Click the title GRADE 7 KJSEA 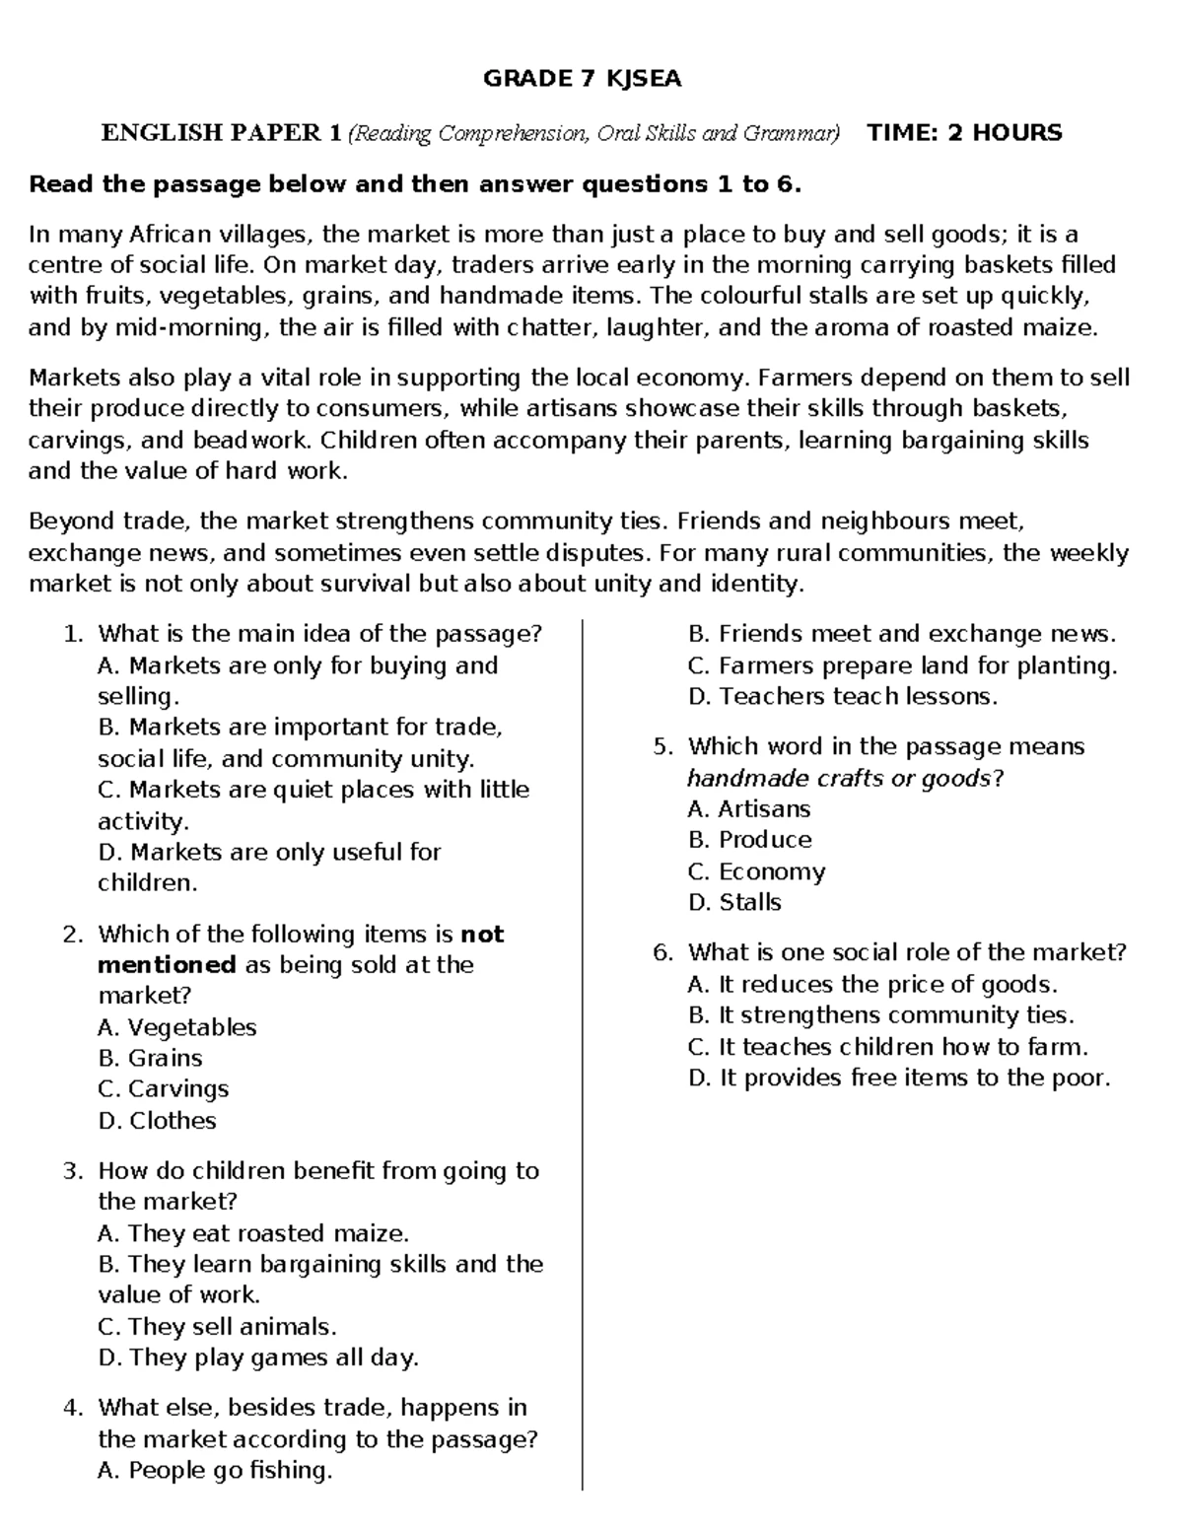point(582,79)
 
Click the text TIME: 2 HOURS point(963,133)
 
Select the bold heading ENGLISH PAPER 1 point(222,133)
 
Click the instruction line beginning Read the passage point(415,184)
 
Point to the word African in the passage point(170,235)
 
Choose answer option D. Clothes point(157,1120)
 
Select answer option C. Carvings point(163,1088)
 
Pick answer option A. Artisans point(748,809)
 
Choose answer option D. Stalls point(734,902)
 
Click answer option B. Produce point(749,840)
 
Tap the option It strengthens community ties point(880,1015)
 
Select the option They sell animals point(217,1326)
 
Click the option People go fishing point(215,1470)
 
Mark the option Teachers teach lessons point(843,696)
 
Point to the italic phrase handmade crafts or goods point(839,778)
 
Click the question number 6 point(662,952)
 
